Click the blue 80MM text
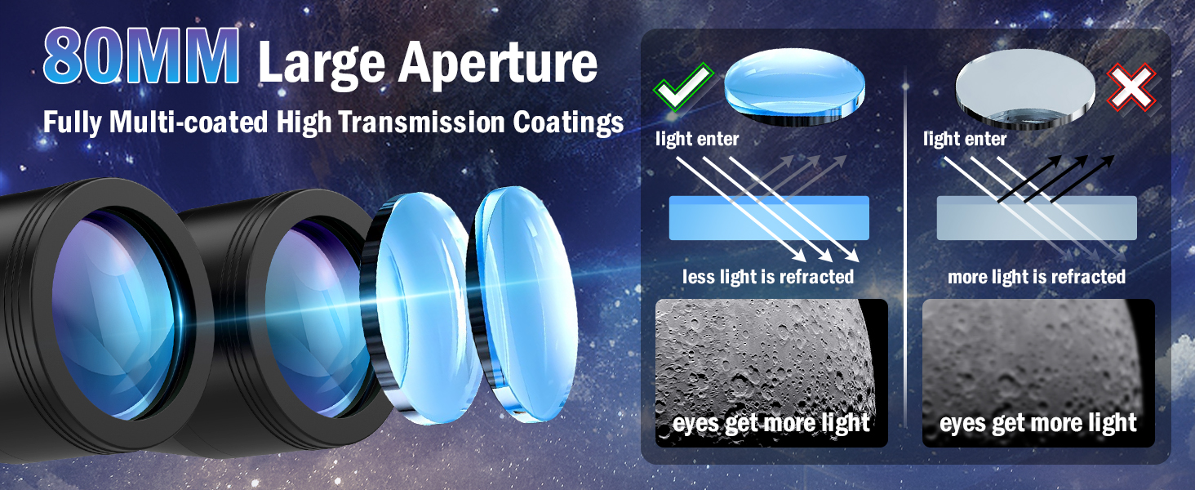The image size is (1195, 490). (x=141, y=56)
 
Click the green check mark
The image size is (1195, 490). (x=683, y=87)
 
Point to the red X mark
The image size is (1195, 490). (x=1131, y=87)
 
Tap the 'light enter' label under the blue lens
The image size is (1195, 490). (x=697, y=139)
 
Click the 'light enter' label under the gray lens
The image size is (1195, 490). (x=965, y=139)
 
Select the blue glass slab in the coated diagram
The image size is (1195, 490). (x=769, y=218)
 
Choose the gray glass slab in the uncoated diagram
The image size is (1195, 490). (x=1037, y=218)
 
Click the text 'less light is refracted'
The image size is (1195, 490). (x=767, y=277)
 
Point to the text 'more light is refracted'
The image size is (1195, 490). (x=1037, y=277)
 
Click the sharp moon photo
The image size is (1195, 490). (x=771, y=372)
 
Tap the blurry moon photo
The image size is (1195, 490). (x=1039, y=372)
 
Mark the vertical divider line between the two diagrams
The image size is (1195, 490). (x=905, y=247)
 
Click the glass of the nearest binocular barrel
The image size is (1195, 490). (x=115, y=315)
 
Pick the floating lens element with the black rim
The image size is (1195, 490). (x=421, y=309)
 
